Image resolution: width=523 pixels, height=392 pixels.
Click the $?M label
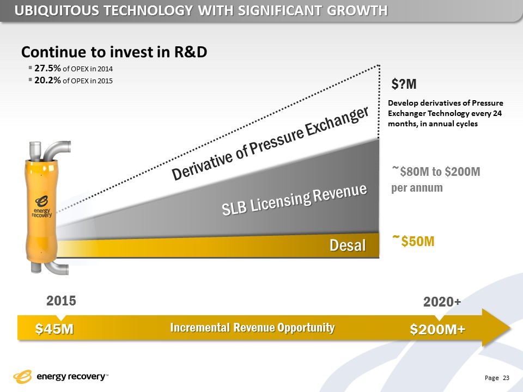(x=404, y=85)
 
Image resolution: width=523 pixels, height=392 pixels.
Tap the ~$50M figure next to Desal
(x=413, y=241)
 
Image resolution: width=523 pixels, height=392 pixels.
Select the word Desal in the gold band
(x=348, y=246)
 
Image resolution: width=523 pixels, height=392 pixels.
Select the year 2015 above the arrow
(x=61, y=301)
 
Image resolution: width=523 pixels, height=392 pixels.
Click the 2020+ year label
(x=442, y=303)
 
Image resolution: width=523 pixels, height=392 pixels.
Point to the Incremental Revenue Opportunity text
(x=252, y=328)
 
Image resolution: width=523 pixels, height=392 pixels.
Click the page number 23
(x=506, y=378)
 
